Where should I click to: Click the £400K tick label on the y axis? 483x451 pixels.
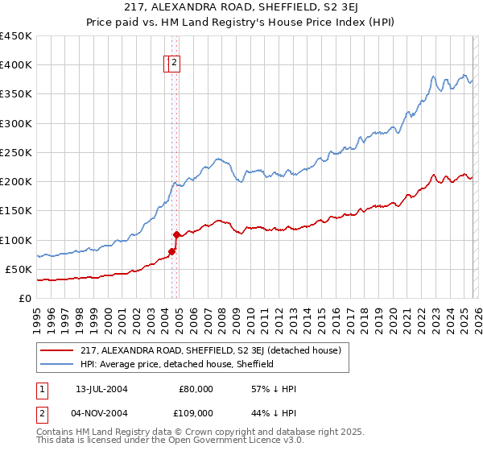16,65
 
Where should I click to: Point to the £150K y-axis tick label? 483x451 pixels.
16,211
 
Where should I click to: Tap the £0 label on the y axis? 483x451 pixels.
25,298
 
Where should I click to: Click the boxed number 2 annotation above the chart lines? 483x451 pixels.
174,63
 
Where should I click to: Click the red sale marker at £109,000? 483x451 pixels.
176,234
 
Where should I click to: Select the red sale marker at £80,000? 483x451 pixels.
171,251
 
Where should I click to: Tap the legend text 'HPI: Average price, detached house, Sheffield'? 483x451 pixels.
177,364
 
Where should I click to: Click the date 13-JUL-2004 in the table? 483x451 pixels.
101,389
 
